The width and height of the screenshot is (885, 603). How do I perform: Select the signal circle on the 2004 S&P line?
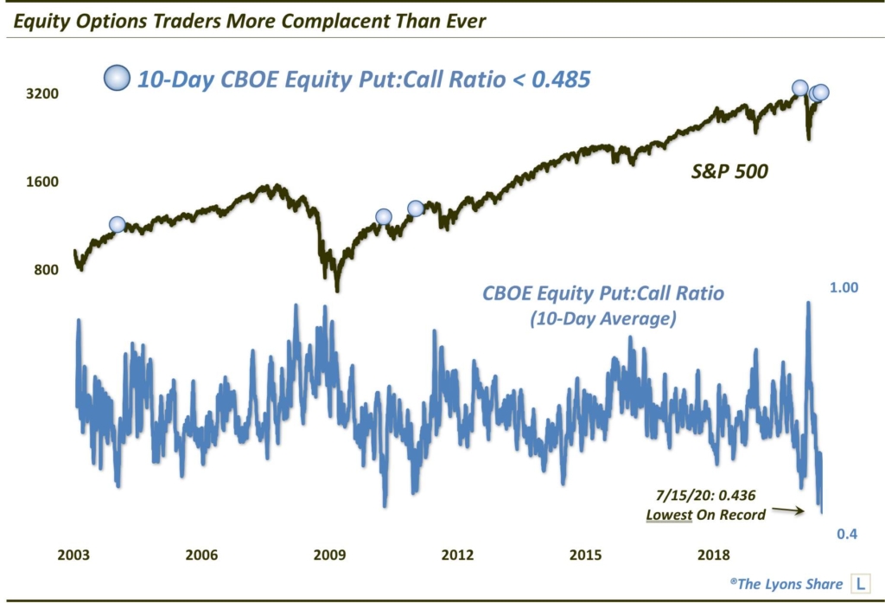point(118,225)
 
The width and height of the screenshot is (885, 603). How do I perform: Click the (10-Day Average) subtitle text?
point(602,319)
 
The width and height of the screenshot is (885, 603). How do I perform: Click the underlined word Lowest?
point(669,515)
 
